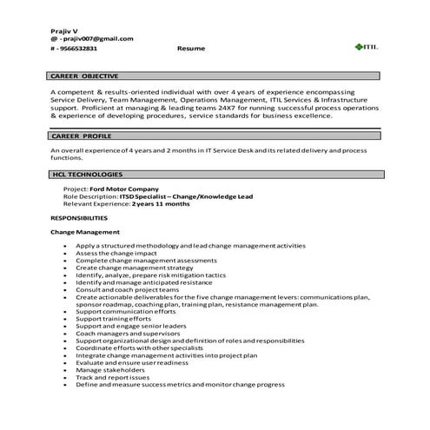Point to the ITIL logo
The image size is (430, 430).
[363, 46]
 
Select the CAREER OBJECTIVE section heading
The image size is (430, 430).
[86, 76]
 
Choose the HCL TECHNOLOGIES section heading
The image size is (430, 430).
[89, 175]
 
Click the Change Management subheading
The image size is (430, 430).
[85, 233]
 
